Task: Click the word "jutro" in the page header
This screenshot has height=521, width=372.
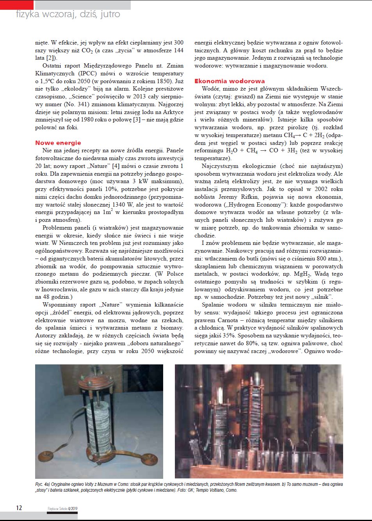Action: [110, 14]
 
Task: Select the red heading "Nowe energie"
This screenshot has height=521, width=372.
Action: [58, 143]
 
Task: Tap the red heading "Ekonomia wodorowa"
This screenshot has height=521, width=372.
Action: [230, 81]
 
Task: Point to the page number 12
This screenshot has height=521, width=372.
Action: [19, 508]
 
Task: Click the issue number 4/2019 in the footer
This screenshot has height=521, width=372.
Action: [73, 509]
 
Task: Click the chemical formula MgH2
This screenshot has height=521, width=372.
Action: [302, 274]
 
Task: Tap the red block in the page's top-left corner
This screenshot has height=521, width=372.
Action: [17, 5]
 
